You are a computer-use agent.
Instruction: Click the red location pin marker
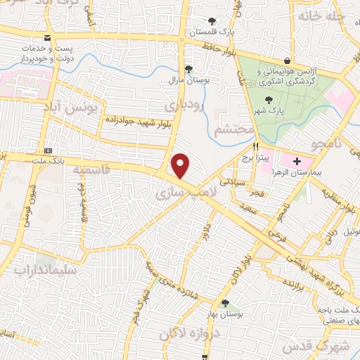181,166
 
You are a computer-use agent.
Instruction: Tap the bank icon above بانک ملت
47,150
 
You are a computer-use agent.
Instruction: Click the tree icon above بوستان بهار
225,303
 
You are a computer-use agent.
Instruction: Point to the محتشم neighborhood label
229,131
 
